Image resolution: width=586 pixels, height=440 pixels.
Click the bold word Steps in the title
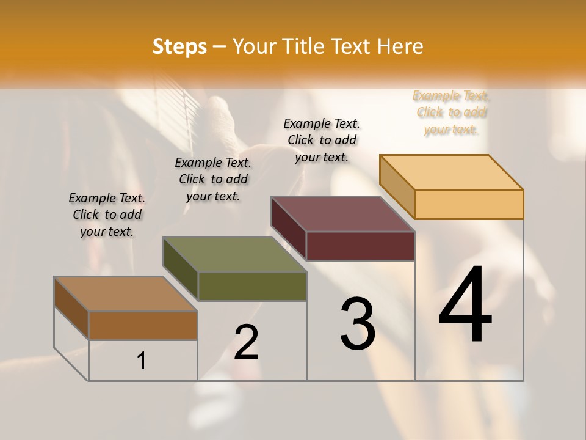pos(179,46)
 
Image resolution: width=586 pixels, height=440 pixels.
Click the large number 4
pos(465,306)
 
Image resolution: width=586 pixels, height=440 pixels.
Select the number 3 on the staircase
pos(358,324)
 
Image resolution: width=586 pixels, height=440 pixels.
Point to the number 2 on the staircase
pos(247,342)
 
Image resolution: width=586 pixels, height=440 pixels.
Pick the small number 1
pos(142,361)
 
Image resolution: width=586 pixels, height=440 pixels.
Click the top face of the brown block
pos(126,294)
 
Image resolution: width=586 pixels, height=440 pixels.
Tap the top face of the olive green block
pos(234,254)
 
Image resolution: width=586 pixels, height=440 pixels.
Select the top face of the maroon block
pos(342,214)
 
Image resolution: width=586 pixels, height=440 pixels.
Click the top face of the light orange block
pos(451,172)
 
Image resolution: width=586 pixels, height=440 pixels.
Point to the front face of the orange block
pos(469,204)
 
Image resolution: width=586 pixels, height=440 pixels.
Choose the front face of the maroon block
pos(360,246)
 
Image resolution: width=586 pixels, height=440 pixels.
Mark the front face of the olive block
pos(252,286)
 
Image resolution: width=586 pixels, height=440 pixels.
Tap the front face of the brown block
pos(143,326)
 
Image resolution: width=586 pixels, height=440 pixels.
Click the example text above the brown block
pos(107,215)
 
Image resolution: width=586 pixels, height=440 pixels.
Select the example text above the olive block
pos(213,179)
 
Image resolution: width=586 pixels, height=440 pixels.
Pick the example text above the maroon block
pos(322,140)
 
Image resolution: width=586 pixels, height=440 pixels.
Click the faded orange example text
pos(451,112)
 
